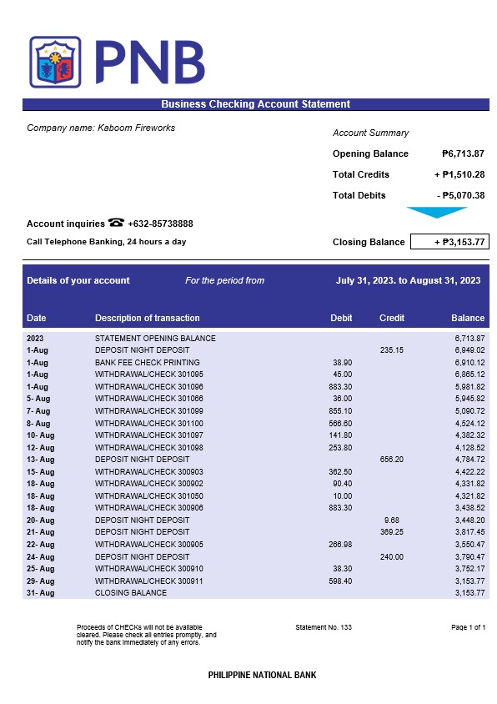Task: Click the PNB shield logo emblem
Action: (x=55, y=63)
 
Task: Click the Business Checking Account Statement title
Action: (x=255, y=104)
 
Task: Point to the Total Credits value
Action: (x=459, y=174)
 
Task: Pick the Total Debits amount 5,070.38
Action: (x=460, y=195)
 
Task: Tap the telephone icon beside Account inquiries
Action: (x=116, y=223)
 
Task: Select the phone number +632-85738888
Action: (x=160, y=224)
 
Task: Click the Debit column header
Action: (x=341, y=318)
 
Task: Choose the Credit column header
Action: (x=391, y=318)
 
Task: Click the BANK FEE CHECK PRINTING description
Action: (x=148, y=363)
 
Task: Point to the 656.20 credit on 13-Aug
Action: (x=391, y=460)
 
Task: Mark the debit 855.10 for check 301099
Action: (x=340, y=411)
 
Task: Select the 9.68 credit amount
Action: (x=394, y=520)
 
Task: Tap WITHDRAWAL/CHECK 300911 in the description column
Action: (x=149, y=581)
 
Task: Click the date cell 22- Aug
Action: (x=40, y=544)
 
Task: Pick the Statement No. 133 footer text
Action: (x=324, y=626)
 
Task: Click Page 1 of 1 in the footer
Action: (x=468, y=626)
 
